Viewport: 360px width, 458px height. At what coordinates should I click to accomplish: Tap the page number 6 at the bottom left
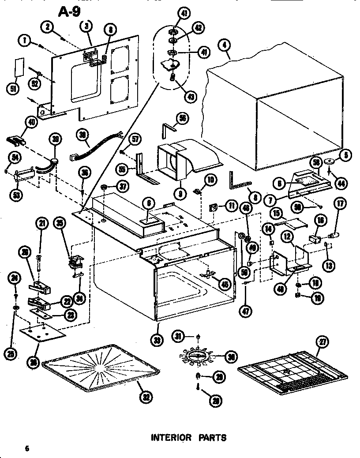[27, 449]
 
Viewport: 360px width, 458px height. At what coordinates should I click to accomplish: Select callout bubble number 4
[225, 45]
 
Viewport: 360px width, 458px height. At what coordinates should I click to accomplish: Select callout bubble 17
[340, 204]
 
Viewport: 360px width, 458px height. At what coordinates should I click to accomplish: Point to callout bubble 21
[41, 224]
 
